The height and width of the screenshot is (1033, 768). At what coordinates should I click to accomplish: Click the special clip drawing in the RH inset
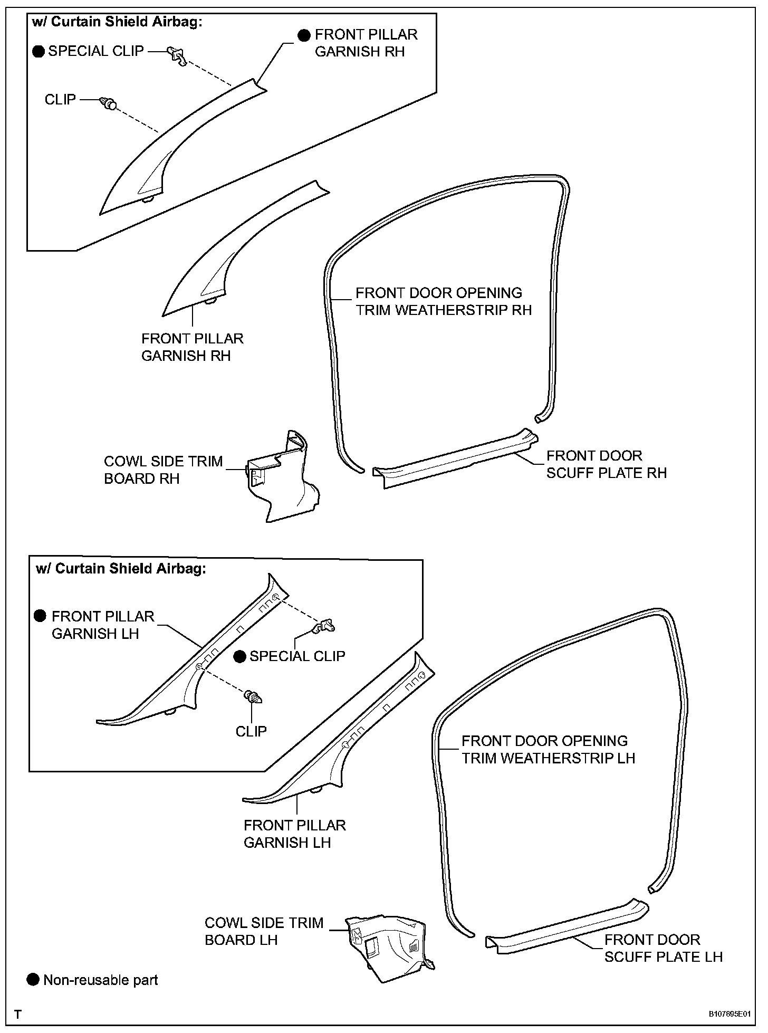pyautogui.click(x=177, y=55)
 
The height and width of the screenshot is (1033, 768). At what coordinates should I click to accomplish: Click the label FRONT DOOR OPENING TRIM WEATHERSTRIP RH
pyautogui.click(x=443, y=301)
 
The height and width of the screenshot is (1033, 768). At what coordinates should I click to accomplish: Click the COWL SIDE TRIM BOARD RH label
pyautogui.click(x=163, y=470)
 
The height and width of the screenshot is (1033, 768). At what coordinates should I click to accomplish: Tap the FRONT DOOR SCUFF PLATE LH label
pyautogui.click(x=663, y=948)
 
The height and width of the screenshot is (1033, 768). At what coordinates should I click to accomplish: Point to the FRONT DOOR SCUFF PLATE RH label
pyautogui.click(x=606, y=464)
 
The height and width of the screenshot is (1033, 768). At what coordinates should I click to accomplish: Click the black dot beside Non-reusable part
pyautogui.click(x=33, y=980)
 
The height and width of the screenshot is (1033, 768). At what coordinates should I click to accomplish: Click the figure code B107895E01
pyautogui.click(x=729, y=1014)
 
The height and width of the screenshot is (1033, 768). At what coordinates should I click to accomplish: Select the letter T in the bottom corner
pyautogui.click(x=18, y=1014)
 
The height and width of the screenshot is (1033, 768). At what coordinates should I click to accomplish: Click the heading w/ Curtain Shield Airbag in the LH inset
pyautogui.click(x=120, y=568)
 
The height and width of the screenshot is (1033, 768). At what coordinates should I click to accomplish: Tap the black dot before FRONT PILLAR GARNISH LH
pyautogui.click(x=40, y=616)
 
